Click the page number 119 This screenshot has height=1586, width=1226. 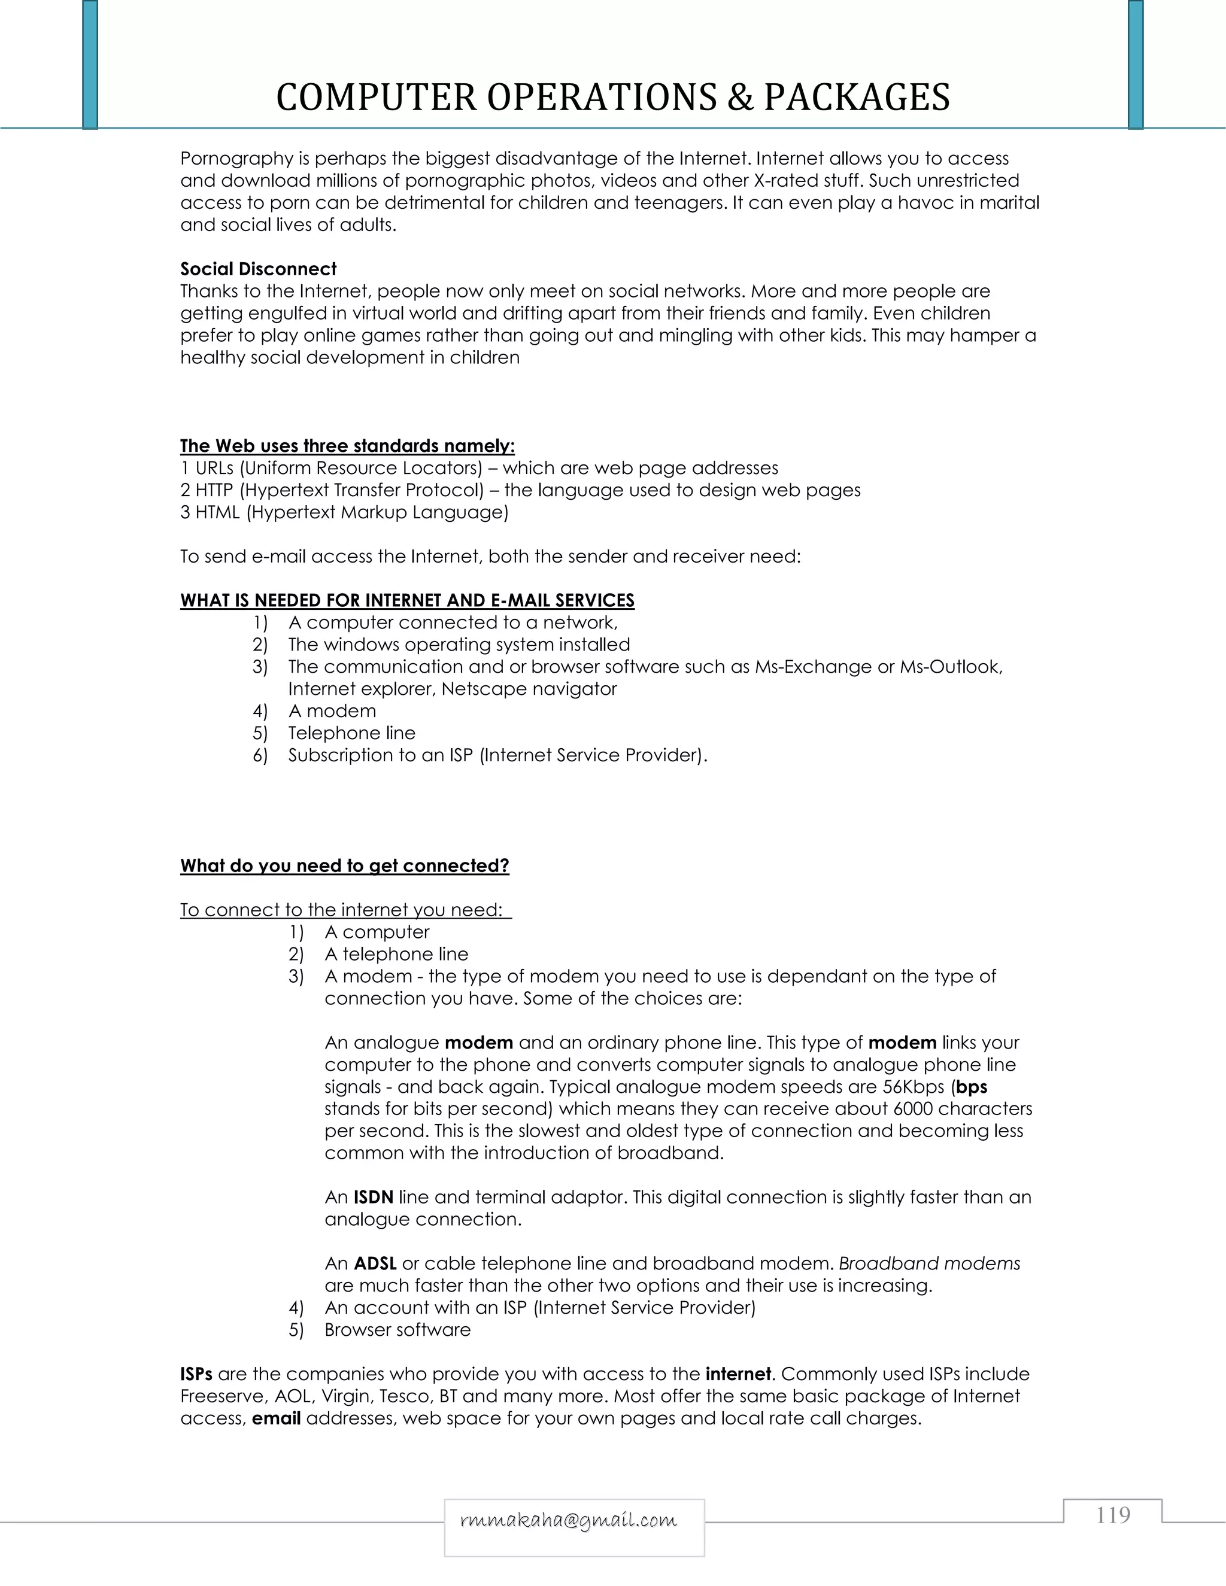[1113, 1515]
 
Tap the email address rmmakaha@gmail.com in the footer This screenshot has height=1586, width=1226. [568, 1520]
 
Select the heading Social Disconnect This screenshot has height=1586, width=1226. [258, 269]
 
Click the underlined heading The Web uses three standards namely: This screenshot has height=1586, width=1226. [347, 446]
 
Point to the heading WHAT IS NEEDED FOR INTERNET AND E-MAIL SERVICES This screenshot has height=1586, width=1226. [406, 600]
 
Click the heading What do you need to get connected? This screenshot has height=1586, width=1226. [344, 865]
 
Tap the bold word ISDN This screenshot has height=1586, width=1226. [374, 1197]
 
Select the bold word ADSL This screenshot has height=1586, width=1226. [375, 1263]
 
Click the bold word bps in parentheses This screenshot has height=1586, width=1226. [972, 1087]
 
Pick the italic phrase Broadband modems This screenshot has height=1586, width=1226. [929, 1263]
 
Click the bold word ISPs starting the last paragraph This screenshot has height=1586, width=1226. [196, 1374]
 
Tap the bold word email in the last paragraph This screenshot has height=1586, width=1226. [276, 1418]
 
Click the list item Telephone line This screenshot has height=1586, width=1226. [351, 734]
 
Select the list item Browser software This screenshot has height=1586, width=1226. [397, 1330]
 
